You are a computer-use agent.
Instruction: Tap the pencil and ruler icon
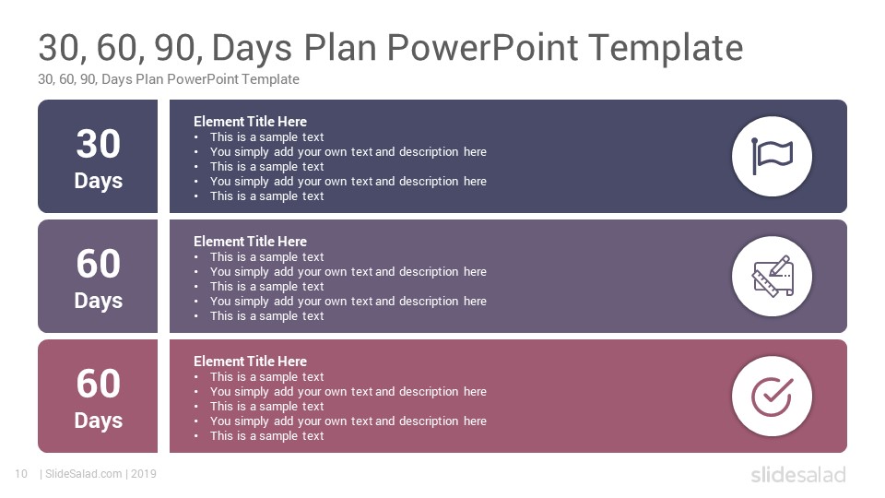(773, 276)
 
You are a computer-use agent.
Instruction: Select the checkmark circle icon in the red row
(773, 397)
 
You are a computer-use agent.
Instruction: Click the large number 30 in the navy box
(99, 144)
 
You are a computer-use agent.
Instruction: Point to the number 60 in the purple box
(99, 264)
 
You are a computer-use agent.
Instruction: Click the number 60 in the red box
(99, 384)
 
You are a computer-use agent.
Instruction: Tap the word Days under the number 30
(99, 182)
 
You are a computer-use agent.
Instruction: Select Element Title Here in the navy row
(250, 122)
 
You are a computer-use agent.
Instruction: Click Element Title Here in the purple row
(250, 241)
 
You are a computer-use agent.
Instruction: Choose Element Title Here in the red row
(250, 361)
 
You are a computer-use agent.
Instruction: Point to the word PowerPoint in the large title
(482, 47)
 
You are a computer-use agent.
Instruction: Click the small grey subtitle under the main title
(168, 79)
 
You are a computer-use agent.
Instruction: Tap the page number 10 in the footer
(21, 474)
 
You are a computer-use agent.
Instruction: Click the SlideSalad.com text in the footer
(84, 474)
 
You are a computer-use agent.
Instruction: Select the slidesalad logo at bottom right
(798, 475)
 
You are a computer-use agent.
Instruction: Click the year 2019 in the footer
(144, 474)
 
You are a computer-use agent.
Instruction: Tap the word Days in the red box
(99, 421)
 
